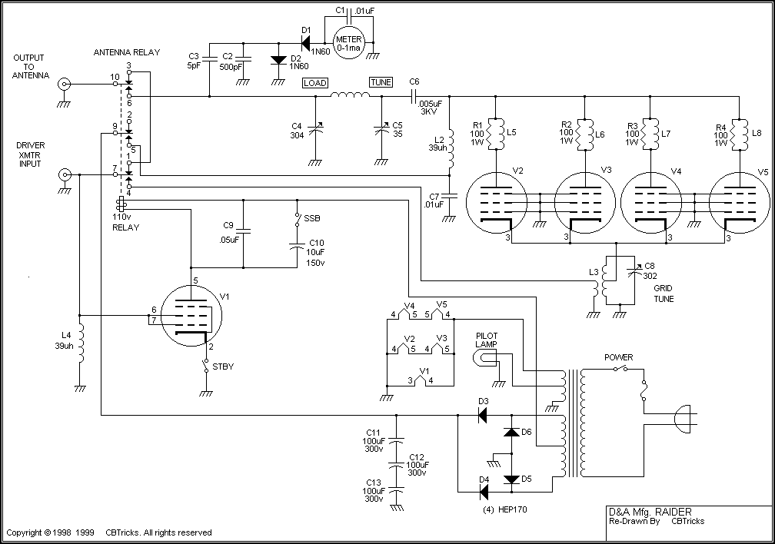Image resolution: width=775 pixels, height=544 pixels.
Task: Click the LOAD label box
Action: point(314,82)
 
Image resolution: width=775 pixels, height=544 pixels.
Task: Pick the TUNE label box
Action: point(380,82)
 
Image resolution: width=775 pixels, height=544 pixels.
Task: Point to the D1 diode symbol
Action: point(306,43)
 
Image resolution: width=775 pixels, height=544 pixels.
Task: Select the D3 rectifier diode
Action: point(483,416)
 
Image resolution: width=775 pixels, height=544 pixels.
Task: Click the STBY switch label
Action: point(223,367)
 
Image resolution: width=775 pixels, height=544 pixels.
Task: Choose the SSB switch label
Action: point(312,219)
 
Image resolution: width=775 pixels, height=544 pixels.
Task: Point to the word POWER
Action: point(619,357)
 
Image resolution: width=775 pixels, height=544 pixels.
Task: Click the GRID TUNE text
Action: point(664,294)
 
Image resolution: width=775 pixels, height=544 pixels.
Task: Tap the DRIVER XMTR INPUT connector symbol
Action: point(66,175)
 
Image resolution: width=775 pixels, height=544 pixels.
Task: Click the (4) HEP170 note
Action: point(504,509)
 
